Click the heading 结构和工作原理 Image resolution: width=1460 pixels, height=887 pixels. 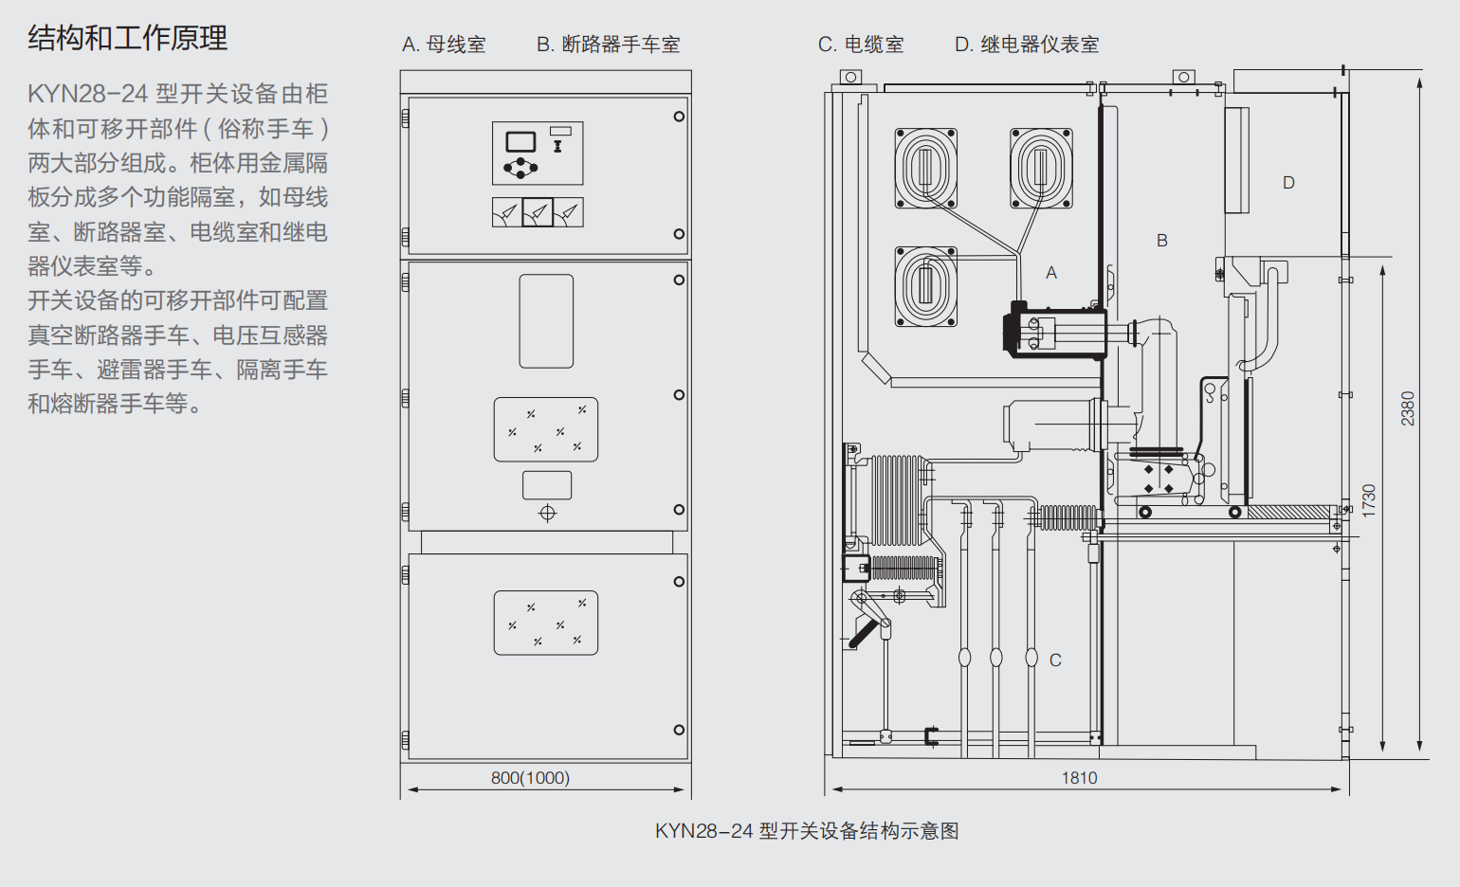(128, 39)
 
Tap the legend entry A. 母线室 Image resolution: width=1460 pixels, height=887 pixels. (444, 45)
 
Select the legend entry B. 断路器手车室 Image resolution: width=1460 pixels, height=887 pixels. (608, 45)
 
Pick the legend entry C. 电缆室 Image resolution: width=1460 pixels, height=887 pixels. (861, 45)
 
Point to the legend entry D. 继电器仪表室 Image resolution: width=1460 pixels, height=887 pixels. (1027, 45)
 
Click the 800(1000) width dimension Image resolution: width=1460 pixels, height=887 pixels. (530, 778)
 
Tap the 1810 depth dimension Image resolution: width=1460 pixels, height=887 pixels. (1079, 778)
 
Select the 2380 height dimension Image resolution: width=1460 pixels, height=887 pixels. (1408, 408)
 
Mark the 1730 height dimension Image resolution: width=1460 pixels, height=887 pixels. (1368, 500)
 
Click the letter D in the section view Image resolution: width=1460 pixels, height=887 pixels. (1288, 183)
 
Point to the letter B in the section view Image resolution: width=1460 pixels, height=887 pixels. (1162, 241)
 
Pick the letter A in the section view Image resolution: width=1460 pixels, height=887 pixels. (1051, 273)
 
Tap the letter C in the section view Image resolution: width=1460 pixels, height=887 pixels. (1055, 661)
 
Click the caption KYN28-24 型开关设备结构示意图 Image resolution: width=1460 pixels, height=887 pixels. (807, 831)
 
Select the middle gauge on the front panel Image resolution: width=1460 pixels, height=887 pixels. (538, 212)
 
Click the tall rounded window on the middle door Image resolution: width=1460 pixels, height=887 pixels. (546, 321)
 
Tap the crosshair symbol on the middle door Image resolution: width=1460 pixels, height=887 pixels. (547, 514)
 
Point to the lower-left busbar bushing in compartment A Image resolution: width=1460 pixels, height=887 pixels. (926, 286)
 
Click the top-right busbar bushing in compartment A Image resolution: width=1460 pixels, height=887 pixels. (1041, 169)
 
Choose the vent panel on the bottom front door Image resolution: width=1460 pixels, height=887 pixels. (546, 623)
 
